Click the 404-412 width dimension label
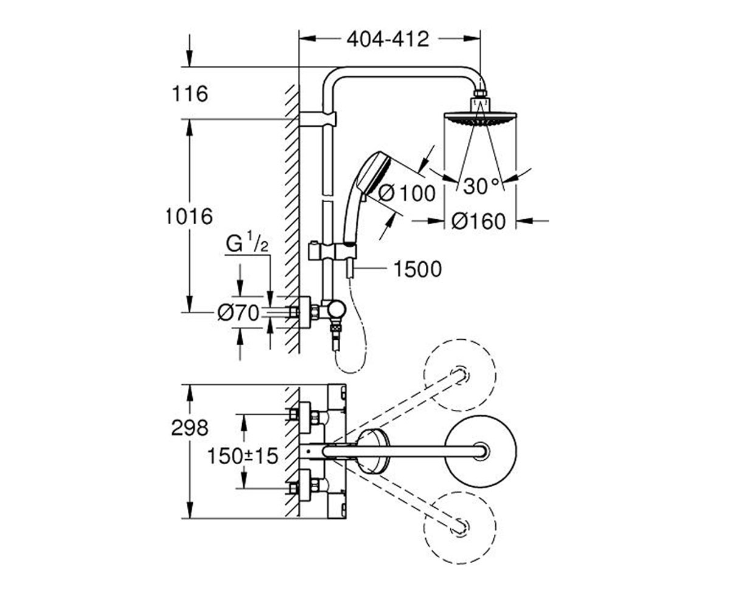tap(388, 39)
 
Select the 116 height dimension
tap(190, 93)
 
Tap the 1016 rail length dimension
tap(189, 216)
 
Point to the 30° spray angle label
tap(481, 186)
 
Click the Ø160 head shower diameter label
tap(479, 221)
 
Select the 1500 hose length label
tap(418, 269)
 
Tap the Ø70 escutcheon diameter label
tap(238, 312)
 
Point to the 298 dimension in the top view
tap(190, 428)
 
